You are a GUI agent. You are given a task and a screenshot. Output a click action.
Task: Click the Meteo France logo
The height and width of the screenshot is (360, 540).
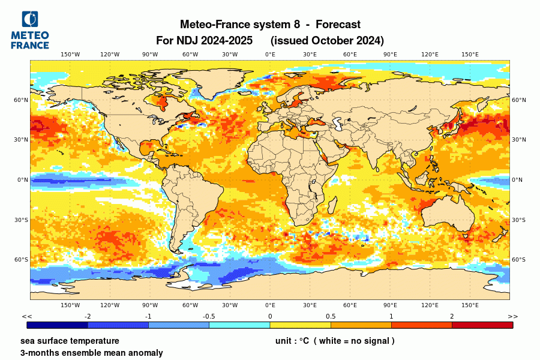pyautogui.click(x=30, y=30)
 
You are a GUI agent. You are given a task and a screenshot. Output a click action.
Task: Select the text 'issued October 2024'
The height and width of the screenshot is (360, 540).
pyautogui.click(x=327, y=41)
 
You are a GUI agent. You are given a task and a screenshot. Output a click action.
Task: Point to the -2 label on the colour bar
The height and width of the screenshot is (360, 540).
pyautogui.click(x=88, y=316)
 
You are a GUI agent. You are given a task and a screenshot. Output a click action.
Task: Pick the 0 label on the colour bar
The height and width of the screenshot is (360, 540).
pyautogui.click(x=270, y=316)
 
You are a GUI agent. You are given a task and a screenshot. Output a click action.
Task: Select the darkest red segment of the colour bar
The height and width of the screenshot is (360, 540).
pyautogui.click(x=482, y=325)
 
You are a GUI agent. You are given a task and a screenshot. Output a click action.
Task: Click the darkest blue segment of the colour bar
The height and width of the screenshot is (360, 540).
pyautogui.click(x=58, y=325)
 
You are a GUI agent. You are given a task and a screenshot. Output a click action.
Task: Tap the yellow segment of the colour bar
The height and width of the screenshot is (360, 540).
pyautogui.click(x=300, y=325)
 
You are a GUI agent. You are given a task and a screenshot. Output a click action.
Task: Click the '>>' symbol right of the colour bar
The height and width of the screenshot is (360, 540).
pyautogui.click(x=512, y=316)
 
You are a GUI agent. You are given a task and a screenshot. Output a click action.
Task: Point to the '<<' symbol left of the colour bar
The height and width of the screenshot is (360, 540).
pyautogui.click(x=26, y=316)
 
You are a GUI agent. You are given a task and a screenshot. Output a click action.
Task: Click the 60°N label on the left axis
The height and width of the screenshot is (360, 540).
pyautogui.click(x=22, y=100)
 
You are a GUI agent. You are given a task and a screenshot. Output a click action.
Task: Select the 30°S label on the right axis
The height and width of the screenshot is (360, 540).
pyautogui.click(x=518, y=220)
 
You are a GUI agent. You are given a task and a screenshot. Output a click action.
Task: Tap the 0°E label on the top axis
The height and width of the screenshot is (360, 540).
pyautogui.click(x=270, y=55)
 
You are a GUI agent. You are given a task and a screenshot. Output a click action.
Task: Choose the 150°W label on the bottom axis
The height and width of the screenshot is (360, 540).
pyautogui.click(x=70, y=305)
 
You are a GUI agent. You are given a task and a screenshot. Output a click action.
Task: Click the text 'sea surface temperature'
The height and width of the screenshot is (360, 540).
pyautogui.click(x=65, y=341)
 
